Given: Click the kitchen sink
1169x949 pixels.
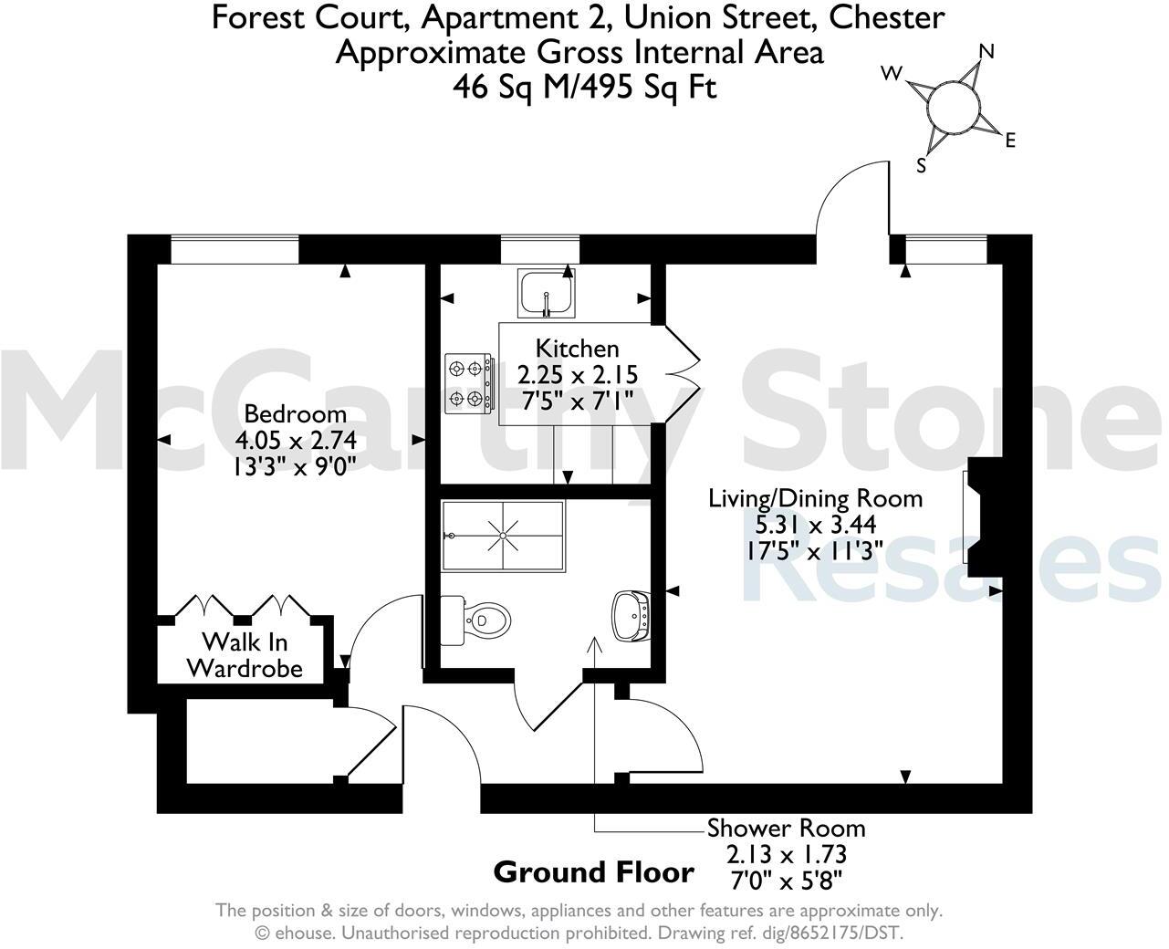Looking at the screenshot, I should tap(545, 294).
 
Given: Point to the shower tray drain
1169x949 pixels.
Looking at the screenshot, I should tap(503, 536).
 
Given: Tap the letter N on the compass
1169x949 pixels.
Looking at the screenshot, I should tap(986, 52).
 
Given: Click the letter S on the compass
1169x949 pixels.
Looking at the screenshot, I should tap(922, 166).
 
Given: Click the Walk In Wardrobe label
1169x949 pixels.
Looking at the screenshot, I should tap(245, 654).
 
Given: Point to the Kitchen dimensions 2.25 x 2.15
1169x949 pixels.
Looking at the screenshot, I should tap(577, 375).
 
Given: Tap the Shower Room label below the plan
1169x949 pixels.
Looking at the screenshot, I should tap(786, 829).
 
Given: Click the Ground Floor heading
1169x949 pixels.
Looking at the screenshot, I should tap(593, 872).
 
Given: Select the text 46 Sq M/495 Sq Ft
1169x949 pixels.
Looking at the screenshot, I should tap(585, 87).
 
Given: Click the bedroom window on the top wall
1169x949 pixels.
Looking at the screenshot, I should tap(235, 249).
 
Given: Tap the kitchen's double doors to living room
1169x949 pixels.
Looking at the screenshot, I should tap(680, 374).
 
